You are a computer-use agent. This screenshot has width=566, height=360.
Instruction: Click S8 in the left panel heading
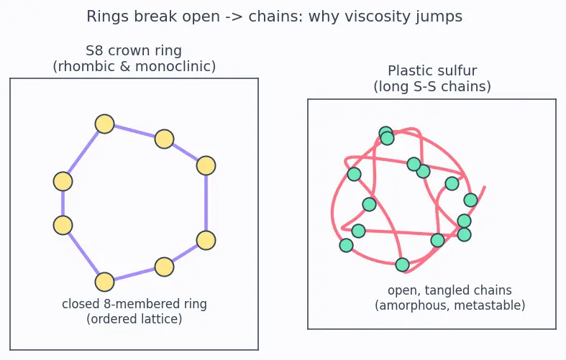pos(95,50)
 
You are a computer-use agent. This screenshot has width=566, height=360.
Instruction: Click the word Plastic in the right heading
pos(407,70)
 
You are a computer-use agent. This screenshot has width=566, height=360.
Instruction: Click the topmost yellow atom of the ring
pos(105,124)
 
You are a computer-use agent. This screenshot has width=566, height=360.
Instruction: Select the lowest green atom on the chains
pos(403,264)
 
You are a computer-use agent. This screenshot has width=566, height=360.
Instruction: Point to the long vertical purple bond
pos(206,203)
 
